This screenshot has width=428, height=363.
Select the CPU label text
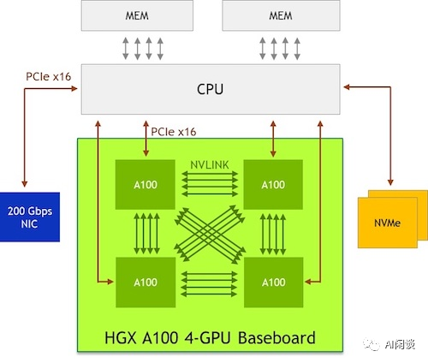211,87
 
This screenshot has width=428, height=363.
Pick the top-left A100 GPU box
146,183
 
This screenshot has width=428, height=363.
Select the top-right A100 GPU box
273,183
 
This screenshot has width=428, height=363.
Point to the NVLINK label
210,164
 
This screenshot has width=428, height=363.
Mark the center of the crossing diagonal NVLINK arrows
210,230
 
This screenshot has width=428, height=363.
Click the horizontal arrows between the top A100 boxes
210,183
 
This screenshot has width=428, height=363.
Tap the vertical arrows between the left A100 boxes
146,231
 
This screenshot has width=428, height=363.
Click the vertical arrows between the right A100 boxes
273,231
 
